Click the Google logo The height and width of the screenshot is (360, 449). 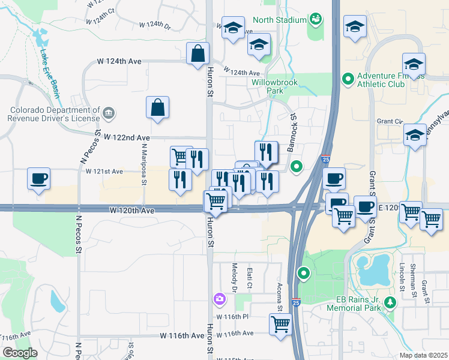click(x=20, y=353)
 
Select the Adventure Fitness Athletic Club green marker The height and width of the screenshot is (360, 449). click(x=348, y=79)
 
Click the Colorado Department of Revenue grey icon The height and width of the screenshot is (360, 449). click(x=109, y=112)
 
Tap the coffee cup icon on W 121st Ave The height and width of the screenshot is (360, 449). click(x=39, y=178)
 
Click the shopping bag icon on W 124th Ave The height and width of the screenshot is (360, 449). click(x=197, y=53)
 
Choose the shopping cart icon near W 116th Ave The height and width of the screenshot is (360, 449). click(x=281, y=325)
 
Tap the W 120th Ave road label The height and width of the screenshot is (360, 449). click(x=132, y=211)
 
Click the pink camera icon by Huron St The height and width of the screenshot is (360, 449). click(x=220, y=298)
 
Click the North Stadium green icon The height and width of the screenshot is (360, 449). click(x=315, y=20)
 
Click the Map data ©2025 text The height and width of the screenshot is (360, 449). click(x=423, y=355)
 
